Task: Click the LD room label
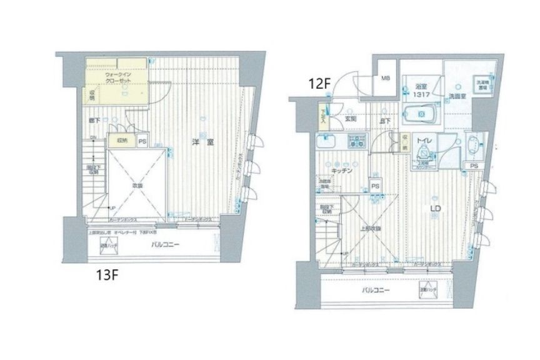click(x=437, y=208)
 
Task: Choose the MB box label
click(x=386, y=78)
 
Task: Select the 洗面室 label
click(x=457, y=95)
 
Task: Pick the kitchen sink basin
click(x=327, y=142)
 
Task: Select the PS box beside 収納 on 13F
click(x=142, y=141)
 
